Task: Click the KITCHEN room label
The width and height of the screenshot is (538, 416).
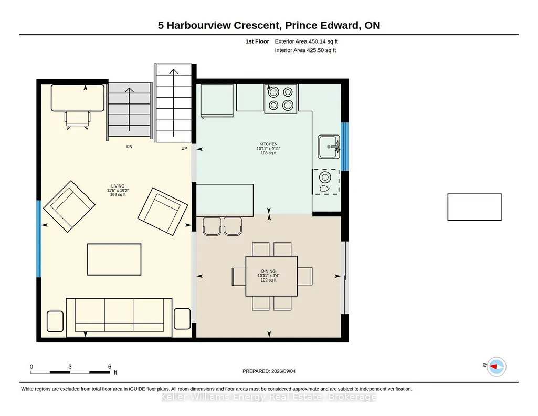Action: click(x=268, y=144)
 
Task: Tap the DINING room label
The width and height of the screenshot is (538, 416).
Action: click(x=268, y=271)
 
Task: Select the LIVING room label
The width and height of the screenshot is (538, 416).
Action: click(x=118, y=186)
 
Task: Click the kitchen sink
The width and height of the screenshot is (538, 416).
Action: click(x=329, y=147)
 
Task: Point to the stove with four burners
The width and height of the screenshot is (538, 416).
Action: click(x=281, y=99)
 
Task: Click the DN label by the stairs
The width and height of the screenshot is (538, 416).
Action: click(x=129, y=147)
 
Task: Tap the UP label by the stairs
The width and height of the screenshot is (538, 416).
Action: click(x=184, y=148)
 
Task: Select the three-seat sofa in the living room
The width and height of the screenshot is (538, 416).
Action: click(x=119, y=317)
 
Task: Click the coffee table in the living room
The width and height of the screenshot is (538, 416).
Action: click(x=114, y=259)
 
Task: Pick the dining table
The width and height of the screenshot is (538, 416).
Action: click(x=271, y=276)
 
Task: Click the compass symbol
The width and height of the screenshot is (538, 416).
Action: click(x=497, y=367)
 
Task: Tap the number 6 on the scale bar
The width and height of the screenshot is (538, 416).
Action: click(x=110, y=367)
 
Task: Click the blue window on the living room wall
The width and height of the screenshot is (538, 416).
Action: click(x=39, y=239)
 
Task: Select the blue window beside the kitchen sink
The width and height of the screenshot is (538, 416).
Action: click(x=345, y=147)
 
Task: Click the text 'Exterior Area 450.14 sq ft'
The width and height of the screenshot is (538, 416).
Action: click(x=306, y=41)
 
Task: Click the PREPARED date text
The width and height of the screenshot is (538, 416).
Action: click(x=269, y=371)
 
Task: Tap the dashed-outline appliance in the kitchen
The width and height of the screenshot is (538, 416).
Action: click(x=325, y=182)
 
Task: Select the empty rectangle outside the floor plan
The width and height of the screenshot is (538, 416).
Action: click(x=474, y=207)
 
